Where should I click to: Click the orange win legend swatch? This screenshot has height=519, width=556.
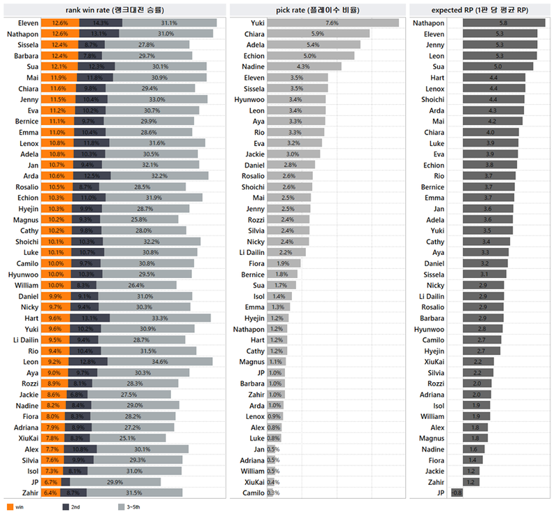[x=10, y=508]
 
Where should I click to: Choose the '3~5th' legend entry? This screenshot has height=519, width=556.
[x=128, y=508]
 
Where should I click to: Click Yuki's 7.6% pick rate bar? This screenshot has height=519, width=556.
[x=333, y=23]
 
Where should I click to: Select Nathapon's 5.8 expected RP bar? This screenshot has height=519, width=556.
[x=496, y=23]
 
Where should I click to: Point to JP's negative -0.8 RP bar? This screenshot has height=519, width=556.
[x=456, y=493]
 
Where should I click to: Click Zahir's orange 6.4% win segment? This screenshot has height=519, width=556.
[x=49, y=493]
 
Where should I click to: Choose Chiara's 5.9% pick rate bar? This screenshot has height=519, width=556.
[x=318, y=34]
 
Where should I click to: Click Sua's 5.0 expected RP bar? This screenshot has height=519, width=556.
[x=489, y=67]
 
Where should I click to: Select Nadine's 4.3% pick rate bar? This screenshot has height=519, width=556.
[x=304, y=67]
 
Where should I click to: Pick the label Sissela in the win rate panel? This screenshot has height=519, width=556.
[x=23, y=45]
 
